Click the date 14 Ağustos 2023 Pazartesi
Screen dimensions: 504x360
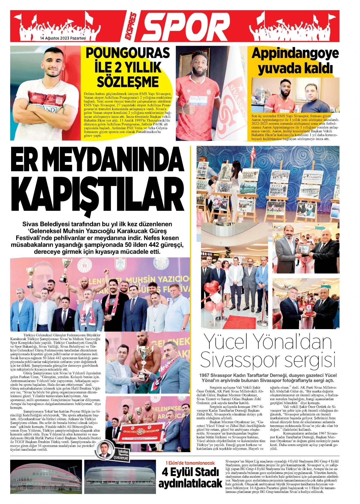coord(63,38)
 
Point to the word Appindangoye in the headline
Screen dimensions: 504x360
coord(295,54)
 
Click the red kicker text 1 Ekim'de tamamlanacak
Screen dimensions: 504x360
coord(190,462)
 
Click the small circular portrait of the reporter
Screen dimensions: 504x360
coord(105,449)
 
